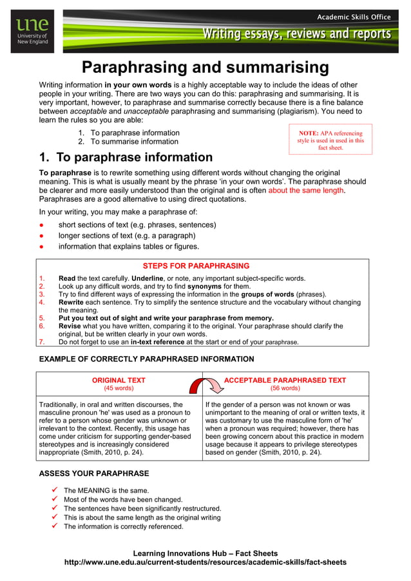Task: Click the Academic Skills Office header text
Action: [354, 16]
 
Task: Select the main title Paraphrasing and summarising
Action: [205, 68]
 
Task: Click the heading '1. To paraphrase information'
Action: [126, 157]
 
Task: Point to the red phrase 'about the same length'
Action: [306, 191]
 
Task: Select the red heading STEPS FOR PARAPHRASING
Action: [196, 266]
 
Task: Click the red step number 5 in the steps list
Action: [42, 318]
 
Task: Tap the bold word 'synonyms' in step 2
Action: [204, 287]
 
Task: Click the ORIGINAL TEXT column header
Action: [119, 381]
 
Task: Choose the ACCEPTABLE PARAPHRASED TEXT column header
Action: [285, 381]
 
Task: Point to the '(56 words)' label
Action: [285, 388]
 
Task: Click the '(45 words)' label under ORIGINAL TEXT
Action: [119, 388]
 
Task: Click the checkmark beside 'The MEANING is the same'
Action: [55, 490]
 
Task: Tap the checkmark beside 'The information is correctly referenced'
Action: [55, 526]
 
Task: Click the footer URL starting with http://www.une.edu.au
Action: [205, 562]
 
